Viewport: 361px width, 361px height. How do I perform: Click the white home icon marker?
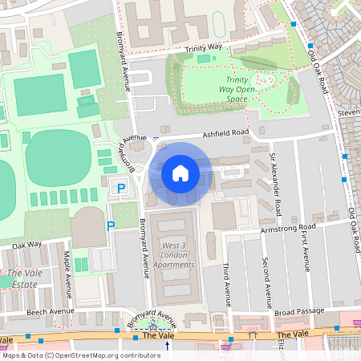[x=180, y=172]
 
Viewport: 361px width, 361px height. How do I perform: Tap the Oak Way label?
[x=26, y=245]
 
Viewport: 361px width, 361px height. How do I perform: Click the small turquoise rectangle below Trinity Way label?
[x=201, y=59]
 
